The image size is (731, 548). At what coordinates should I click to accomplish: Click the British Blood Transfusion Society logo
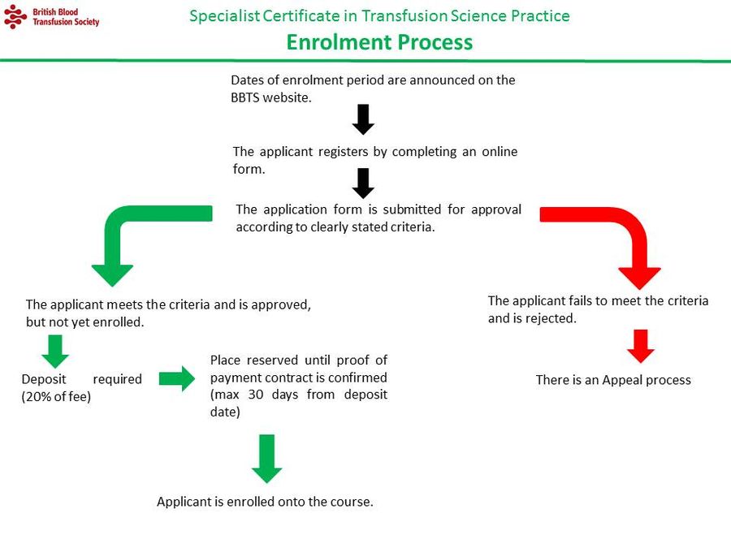tap(50, 16)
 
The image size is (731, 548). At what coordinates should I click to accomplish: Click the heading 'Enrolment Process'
tap(379, 42)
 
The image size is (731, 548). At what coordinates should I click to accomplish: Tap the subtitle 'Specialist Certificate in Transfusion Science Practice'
tap(379, 16)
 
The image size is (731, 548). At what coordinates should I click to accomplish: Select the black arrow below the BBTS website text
tap(363, 119)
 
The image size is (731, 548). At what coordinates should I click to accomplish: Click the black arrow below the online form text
tap(363, 183)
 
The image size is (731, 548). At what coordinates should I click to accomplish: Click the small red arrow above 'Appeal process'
tap(641, 347)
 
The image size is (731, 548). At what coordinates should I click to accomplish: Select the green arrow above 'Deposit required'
tap(55, 352)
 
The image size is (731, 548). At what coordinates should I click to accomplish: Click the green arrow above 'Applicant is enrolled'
tap(266, 459)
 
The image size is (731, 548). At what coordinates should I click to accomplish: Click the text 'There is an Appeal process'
tap(613, 380)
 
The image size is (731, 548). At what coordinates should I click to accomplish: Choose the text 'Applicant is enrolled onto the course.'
tap(265, 502)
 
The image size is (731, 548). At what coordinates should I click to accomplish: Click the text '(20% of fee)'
tap(56, 397)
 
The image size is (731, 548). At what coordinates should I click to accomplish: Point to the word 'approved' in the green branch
tap(285, 304)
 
